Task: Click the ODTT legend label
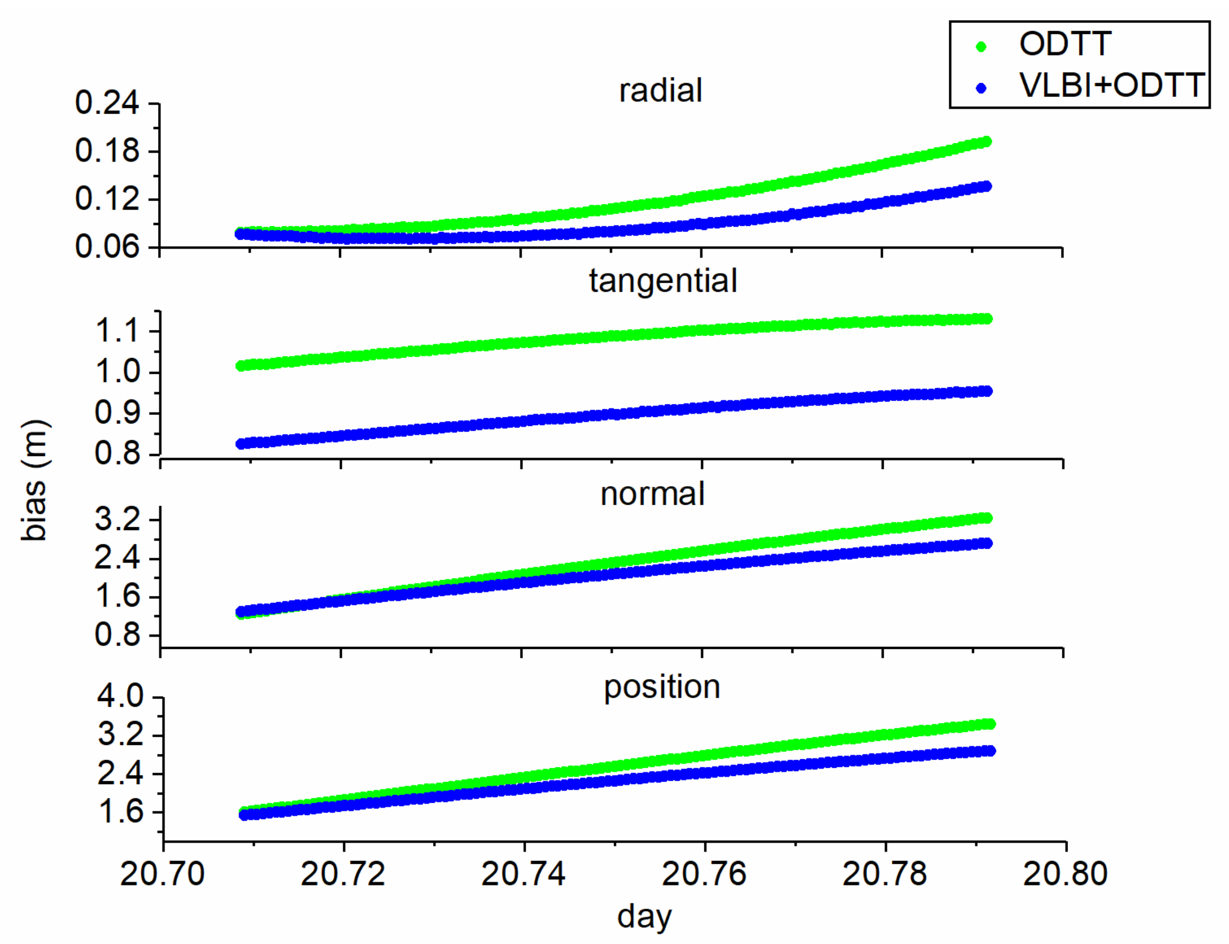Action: tap(1064, 44)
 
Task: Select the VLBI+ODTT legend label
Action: tap(1111, 85)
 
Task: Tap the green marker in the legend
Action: tap(981, 47)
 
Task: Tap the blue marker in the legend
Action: tap(981, 88)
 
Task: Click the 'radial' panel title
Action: tap(660, 90)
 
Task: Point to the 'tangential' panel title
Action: tap(663, 280)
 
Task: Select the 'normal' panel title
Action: tap(652, 494)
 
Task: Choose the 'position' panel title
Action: tap(661, 687)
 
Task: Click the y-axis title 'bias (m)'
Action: tap(35, 480)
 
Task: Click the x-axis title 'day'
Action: tap(644, 917)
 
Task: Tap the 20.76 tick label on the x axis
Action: tap(704, 874)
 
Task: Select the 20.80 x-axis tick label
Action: tap(1064, 874)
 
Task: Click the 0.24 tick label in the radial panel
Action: tap(107, 104)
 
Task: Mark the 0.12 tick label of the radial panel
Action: tap(107, 199)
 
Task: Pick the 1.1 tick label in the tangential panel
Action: tap(117, 330)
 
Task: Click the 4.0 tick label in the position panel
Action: tap(120, 696)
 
